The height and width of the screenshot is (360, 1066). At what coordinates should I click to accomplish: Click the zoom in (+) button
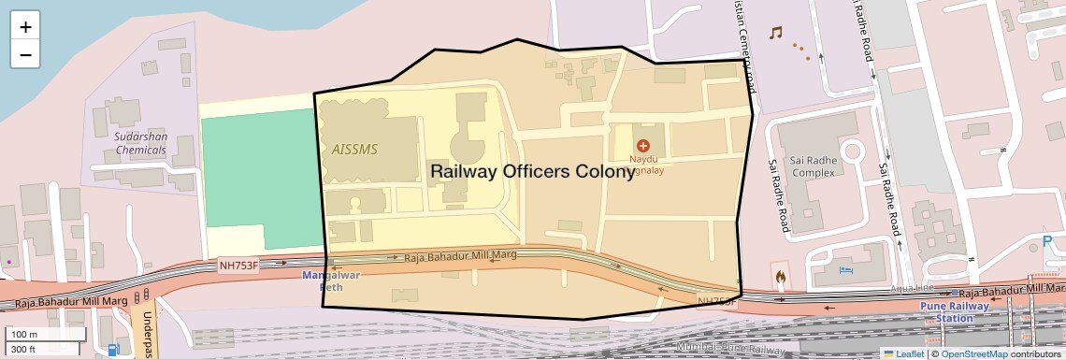[25, 26]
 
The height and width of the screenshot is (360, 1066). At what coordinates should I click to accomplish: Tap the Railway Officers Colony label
[533, 172]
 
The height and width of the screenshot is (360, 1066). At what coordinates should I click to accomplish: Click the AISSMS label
[355, 149]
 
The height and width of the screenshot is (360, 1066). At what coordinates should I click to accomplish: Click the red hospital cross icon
[643, 146]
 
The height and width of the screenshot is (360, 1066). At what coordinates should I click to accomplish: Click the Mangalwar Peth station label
[331, 281]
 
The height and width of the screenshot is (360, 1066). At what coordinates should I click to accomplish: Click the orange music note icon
[774, 33]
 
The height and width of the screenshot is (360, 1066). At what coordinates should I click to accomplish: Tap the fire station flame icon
[779, 277]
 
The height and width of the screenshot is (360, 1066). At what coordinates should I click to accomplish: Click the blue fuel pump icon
[114, 350]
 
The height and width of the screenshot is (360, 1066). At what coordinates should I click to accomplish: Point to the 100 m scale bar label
[25, 335]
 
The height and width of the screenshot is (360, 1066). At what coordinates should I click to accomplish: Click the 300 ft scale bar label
[23, 349]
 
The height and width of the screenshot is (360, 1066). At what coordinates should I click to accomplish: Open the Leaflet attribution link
[903, 353]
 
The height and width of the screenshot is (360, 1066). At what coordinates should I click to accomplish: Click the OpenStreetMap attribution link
[973, 353]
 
